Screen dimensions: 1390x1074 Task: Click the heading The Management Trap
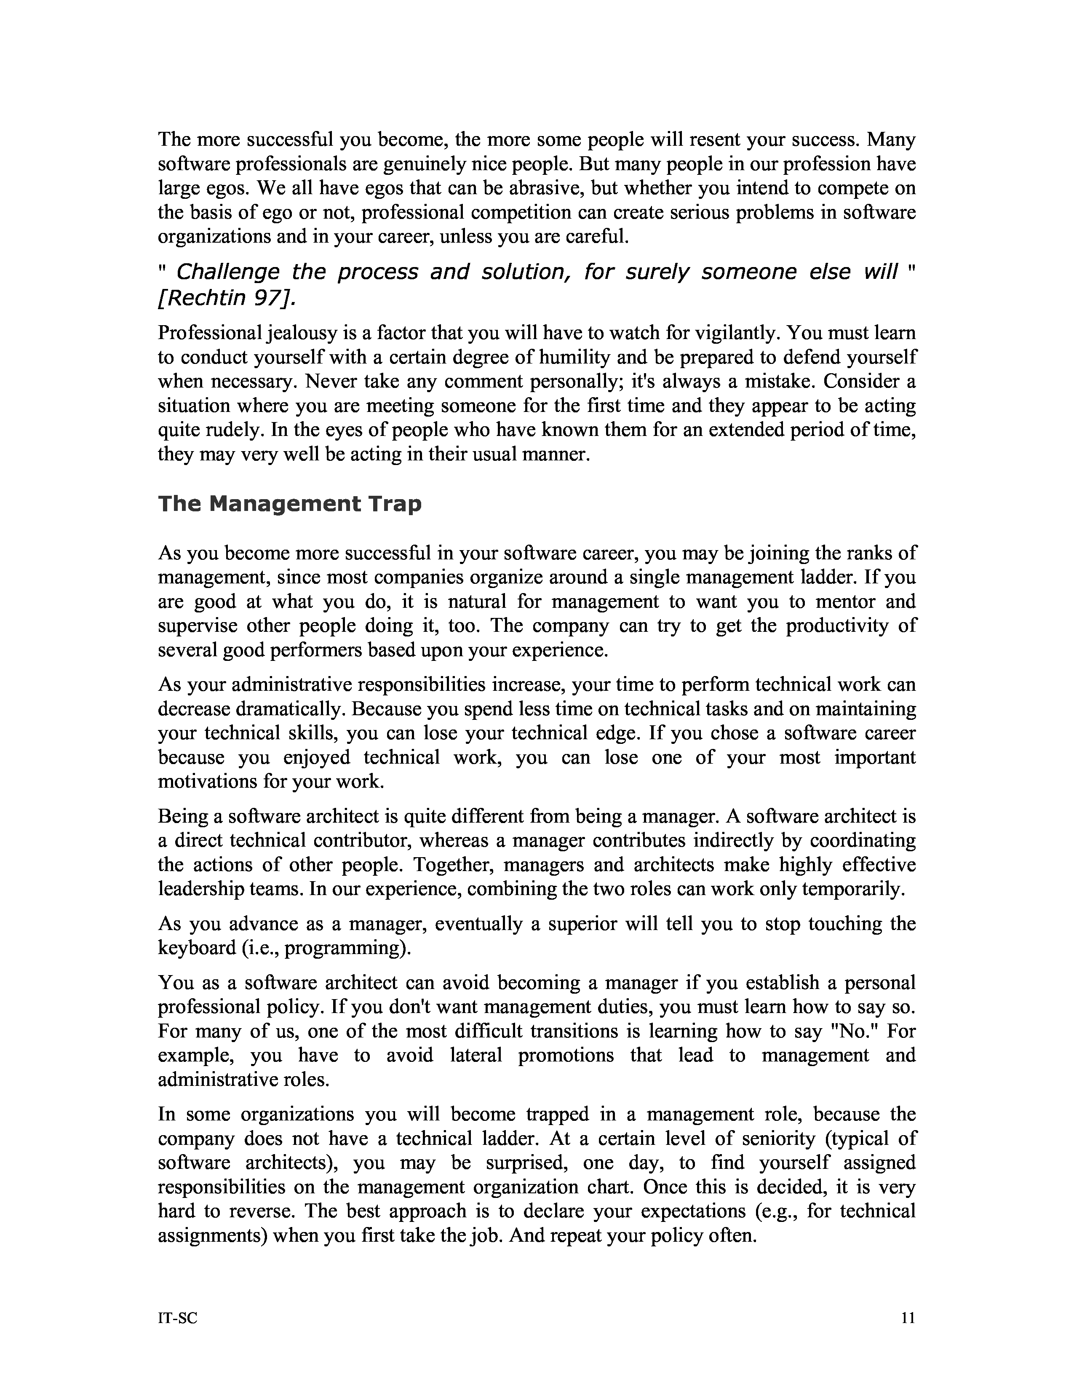point(289,504)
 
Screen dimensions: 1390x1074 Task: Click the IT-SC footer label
point(177,1318)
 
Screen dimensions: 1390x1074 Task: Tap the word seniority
point(780,1138)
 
